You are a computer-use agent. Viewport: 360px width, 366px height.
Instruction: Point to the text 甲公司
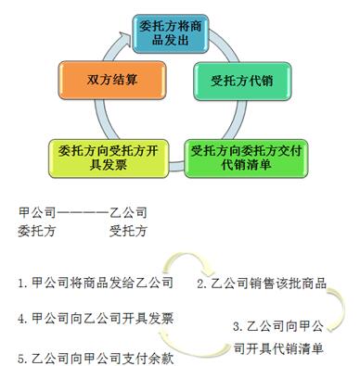36,212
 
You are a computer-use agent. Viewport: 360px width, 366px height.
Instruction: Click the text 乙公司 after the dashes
127,212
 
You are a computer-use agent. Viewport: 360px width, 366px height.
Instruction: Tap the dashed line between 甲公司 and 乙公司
82,212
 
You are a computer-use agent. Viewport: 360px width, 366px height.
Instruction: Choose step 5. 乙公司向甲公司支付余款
96,355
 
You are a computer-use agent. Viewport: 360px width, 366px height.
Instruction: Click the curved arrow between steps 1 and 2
190,264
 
